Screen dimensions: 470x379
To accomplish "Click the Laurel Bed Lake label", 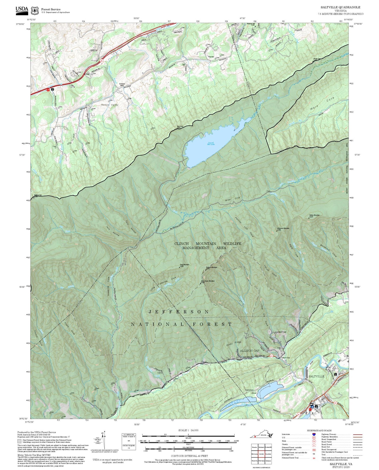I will pyautogui.click(x=210, y=143).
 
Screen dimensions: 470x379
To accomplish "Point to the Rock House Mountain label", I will pyautogui.click(x=208, y=281).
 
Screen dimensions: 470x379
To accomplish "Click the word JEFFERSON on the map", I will pyautogui.click(x=179, y=312).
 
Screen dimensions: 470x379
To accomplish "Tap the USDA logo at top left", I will pyautogui.click(x=22, y=9).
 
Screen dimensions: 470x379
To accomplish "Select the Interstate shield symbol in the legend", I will pyautogui.click(x=314, y=434).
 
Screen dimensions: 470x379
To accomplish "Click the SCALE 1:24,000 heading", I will pyautogui.click(x=188, y=430).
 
